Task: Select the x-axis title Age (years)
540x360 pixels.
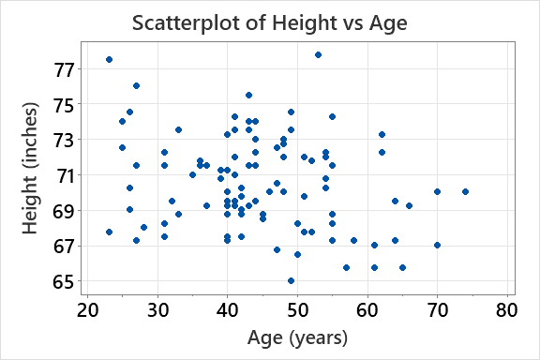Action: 298,338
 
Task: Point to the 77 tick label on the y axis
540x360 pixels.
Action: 64,68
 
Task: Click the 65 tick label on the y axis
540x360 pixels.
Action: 64,281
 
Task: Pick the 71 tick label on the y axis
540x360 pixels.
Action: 64,175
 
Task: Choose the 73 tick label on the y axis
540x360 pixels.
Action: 64,140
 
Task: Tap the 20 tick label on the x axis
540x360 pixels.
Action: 87,309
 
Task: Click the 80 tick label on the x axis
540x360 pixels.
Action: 507,309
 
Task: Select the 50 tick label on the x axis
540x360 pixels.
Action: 297,309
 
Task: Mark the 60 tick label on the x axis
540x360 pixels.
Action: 367,309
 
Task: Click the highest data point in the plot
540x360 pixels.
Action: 318,54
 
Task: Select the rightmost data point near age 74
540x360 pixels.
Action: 465,191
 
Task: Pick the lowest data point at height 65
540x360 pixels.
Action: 291,280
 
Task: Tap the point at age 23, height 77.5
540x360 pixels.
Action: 109,60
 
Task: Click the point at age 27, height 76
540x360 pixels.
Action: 136,86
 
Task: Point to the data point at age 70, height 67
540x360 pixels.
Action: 437,245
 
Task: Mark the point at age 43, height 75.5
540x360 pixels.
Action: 248,95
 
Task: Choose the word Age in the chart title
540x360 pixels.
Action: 386,22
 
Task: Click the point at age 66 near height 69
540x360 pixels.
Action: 409,205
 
